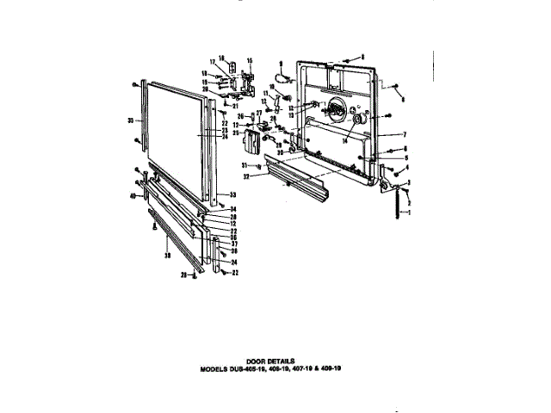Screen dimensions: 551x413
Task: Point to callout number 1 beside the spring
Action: pos(411,211)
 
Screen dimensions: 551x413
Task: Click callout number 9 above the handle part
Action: pos(281,64)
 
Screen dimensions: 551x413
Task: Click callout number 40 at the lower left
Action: pos(133,197)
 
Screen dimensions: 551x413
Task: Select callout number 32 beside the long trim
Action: pos(245,176)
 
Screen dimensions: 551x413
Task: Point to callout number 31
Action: pos(245,164)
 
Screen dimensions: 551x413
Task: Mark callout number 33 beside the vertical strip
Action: pos(232,194)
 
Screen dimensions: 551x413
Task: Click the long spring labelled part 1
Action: pos(399,206)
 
